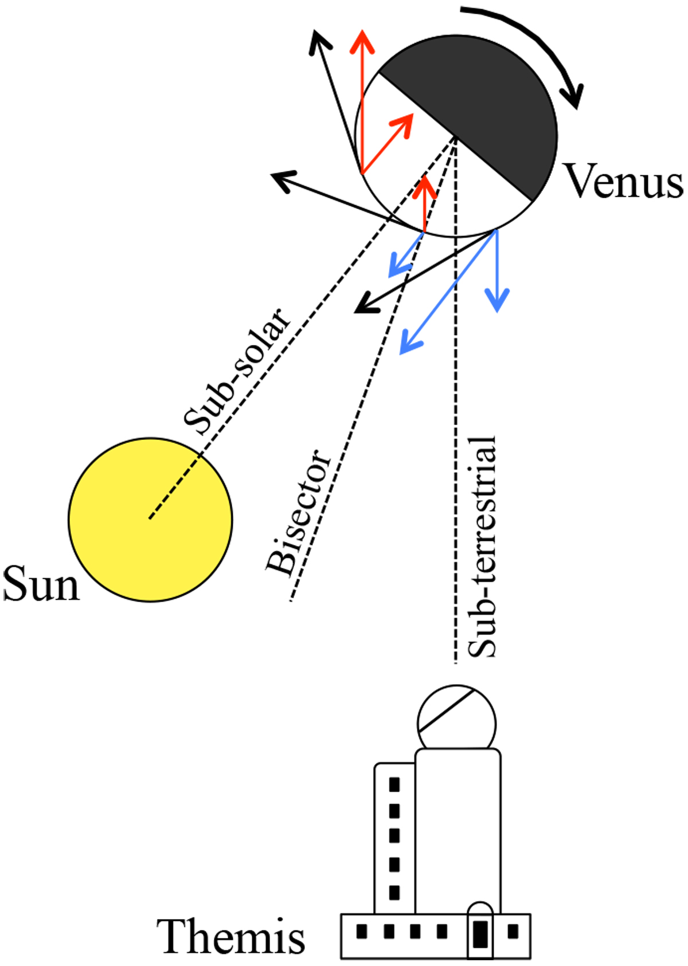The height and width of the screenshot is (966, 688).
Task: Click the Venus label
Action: pos(624,181)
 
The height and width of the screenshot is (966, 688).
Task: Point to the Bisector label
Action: pos(298,511)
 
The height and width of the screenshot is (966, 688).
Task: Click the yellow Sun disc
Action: pos(150,519)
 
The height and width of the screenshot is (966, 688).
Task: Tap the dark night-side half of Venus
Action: pos(487,109)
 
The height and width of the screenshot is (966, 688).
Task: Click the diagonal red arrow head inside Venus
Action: pos(405,123)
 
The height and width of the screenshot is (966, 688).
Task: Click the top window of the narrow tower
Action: pos(394,784)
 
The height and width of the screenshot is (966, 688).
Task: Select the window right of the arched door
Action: pos(513,930)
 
